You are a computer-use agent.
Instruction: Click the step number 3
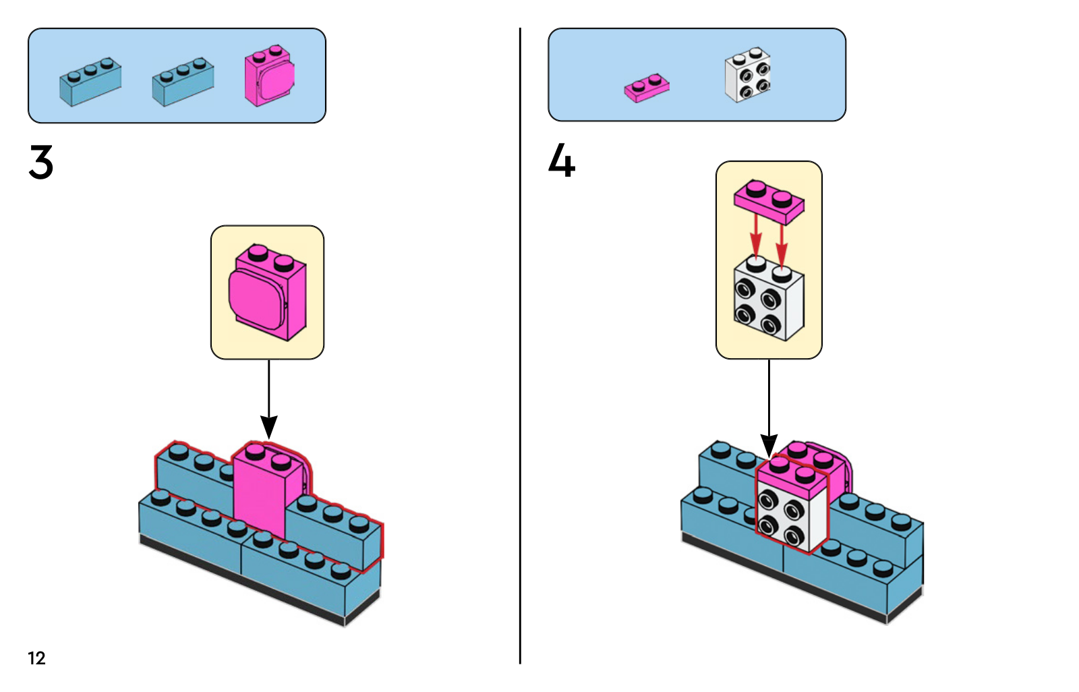(x=41, y=163)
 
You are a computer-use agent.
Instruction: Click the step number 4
(x=561, y=161)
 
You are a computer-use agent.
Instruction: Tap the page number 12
(x=36, y=658)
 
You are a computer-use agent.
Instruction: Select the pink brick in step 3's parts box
(x=269, y=76)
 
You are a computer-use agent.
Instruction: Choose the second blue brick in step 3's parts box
(x=183, y=82)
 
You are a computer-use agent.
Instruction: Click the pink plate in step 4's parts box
(x=647, y=88)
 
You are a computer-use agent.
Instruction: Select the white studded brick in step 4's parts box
(x=747, y=76)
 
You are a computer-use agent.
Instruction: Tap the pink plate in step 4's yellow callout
(x=769, y=201)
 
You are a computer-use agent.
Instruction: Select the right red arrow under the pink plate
(x=782, y=241)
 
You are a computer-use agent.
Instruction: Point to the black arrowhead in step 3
(x=268, y=427)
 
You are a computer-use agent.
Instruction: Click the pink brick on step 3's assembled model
(x=260, y=499)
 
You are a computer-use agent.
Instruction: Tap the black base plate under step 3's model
(x=243, y=580)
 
